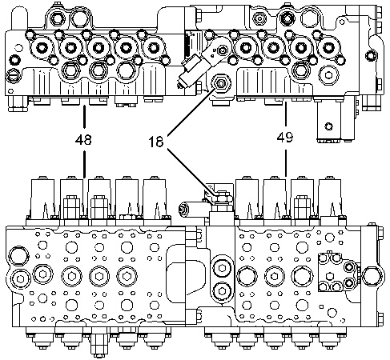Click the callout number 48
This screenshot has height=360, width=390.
pos(83,139)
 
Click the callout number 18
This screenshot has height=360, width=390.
pos(156,142)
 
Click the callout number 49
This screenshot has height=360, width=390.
pos(285,137)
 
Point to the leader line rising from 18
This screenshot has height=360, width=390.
pos(191,111)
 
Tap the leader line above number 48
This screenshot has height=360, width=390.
pos(84,118)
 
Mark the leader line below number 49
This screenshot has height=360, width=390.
pos(286,162)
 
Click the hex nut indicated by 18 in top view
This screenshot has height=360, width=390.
pos(221,83)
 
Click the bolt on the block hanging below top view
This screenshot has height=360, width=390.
pos(328,126)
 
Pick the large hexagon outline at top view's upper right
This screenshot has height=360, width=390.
pos(311,18)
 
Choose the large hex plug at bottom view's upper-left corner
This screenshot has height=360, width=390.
pos(18,255)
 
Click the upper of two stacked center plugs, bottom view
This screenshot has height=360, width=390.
pos(222,268)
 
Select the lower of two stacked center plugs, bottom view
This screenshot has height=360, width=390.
pos(222,291)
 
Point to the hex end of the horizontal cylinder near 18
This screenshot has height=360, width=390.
pos(183,208)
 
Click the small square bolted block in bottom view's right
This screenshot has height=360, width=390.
pos(338,272)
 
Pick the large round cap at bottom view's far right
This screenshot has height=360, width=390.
pos(373,276)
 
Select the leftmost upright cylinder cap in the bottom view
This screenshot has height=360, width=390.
pos(42,198)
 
